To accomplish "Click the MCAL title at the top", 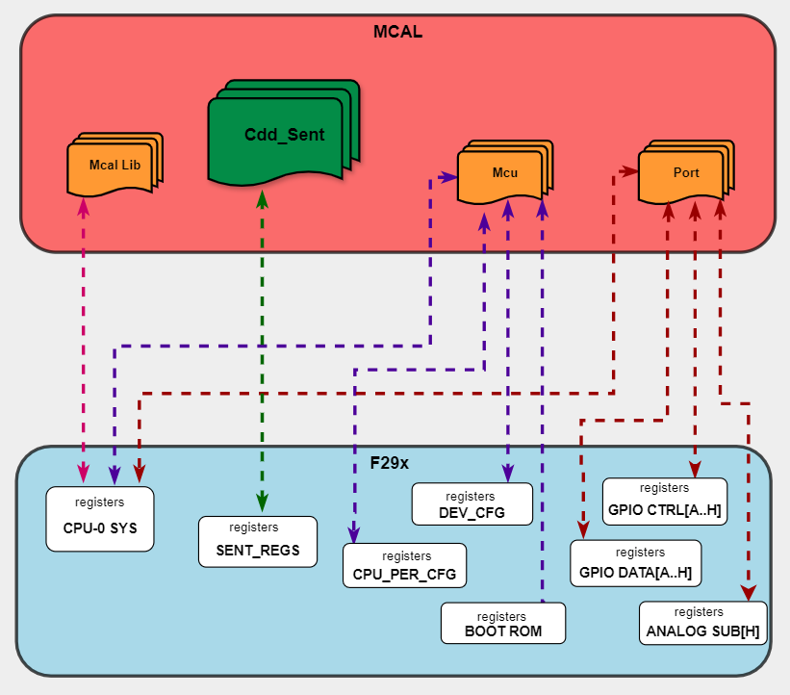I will [x=397, y=32].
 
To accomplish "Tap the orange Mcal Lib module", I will [x=114, y=166].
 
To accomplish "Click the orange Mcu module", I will [x=503, y=174].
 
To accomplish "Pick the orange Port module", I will [x=684, y=173].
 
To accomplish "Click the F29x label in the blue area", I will [x=390, y=463].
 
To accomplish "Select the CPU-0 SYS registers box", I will [x=100, y=519].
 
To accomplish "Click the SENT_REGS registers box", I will [x=257, y=542].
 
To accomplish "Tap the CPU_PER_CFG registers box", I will [x=404, y=566].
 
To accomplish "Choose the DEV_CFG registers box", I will [x=471, y=503].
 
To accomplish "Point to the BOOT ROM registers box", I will [x=502, y=623].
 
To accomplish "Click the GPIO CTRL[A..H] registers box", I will [x=664, y=500].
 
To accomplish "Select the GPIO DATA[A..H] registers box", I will [x=635, y=562].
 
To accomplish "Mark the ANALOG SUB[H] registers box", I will [x=702, y=622].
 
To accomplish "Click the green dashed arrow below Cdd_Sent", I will [x=262, y=347].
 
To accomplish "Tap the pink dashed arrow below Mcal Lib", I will [x=84, y=337].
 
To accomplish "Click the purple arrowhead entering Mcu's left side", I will [x=447, y=177].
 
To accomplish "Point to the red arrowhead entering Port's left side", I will [x=630, y=171].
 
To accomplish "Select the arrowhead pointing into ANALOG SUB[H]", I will [x=747, y=593].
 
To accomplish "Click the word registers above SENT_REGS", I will [x=253, y=528].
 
